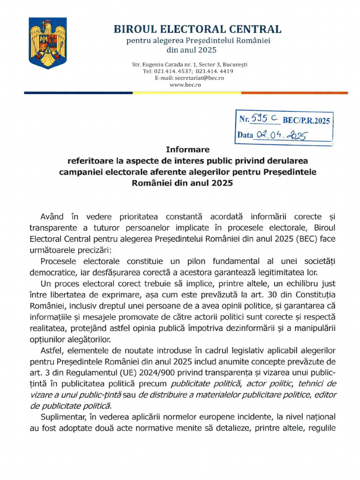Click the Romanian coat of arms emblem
[47, 43]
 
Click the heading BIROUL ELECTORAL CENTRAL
[197, 29]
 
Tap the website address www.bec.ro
[182, 85]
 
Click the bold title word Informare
[187, 150]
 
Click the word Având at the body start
[53, 217]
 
